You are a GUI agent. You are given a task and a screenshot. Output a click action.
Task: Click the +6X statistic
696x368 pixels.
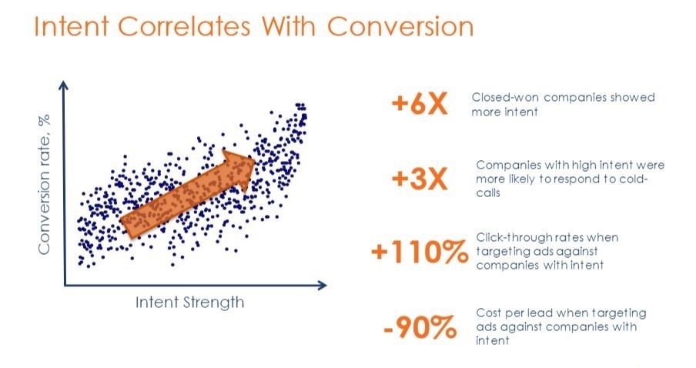[420, 104]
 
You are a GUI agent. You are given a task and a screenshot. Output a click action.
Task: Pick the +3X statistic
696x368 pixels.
[420, 179]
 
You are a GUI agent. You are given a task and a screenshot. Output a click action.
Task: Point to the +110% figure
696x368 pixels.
[420, 252]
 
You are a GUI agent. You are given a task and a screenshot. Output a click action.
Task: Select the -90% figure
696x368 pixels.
[420, 327]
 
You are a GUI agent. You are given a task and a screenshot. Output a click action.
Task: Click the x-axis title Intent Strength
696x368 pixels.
[189, 303]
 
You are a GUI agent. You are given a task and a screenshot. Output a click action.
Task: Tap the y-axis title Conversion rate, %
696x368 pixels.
[44, 184]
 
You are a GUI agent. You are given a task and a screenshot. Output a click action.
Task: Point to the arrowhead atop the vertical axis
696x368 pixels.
[64, 85]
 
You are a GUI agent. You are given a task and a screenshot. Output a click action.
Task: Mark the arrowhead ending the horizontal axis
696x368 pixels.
[322, 285]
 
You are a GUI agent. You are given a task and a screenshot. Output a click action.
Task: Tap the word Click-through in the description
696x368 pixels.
[511, 237]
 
